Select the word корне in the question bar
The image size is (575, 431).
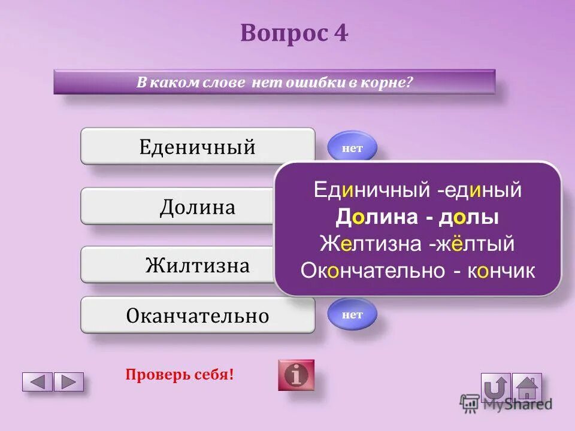[386, 82]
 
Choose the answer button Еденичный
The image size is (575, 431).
[198, 146]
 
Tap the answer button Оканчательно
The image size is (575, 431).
[198, 315]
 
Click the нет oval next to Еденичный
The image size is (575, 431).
[352, 148]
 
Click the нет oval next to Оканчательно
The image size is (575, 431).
[352, 314]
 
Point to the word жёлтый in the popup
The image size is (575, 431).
[479, 244]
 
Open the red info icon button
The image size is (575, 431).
[295, 375]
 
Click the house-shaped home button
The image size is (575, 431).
[527, 387]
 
